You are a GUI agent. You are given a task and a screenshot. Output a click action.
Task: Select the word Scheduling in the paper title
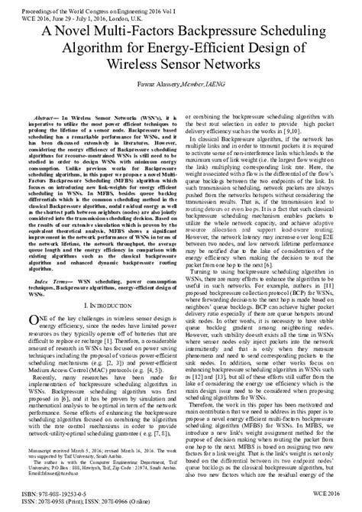[299, 31]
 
